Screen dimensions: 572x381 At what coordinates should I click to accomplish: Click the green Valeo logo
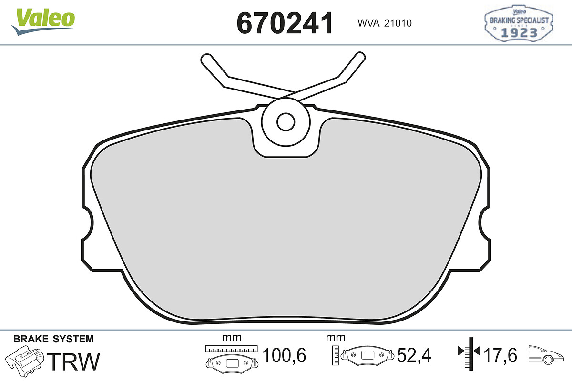[x=43, y=22]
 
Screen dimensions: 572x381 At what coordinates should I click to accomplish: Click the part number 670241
[x=285, y=23]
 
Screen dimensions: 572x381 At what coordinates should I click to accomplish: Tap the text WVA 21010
[x=385, y=23]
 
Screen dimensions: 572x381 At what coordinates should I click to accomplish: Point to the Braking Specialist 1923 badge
[x=519, y=23]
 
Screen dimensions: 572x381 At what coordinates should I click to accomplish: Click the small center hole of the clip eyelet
[x=286, y=122]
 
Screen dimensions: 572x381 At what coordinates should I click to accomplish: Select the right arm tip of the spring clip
[x=360, y=57]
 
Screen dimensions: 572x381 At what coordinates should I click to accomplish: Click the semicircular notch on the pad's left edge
[x=88, y=223]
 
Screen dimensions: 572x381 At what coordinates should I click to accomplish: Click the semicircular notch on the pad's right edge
[x=484, y=223]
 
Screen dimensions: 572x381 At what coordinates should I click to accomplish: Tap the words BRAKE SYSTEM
[x=53, y=339]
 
